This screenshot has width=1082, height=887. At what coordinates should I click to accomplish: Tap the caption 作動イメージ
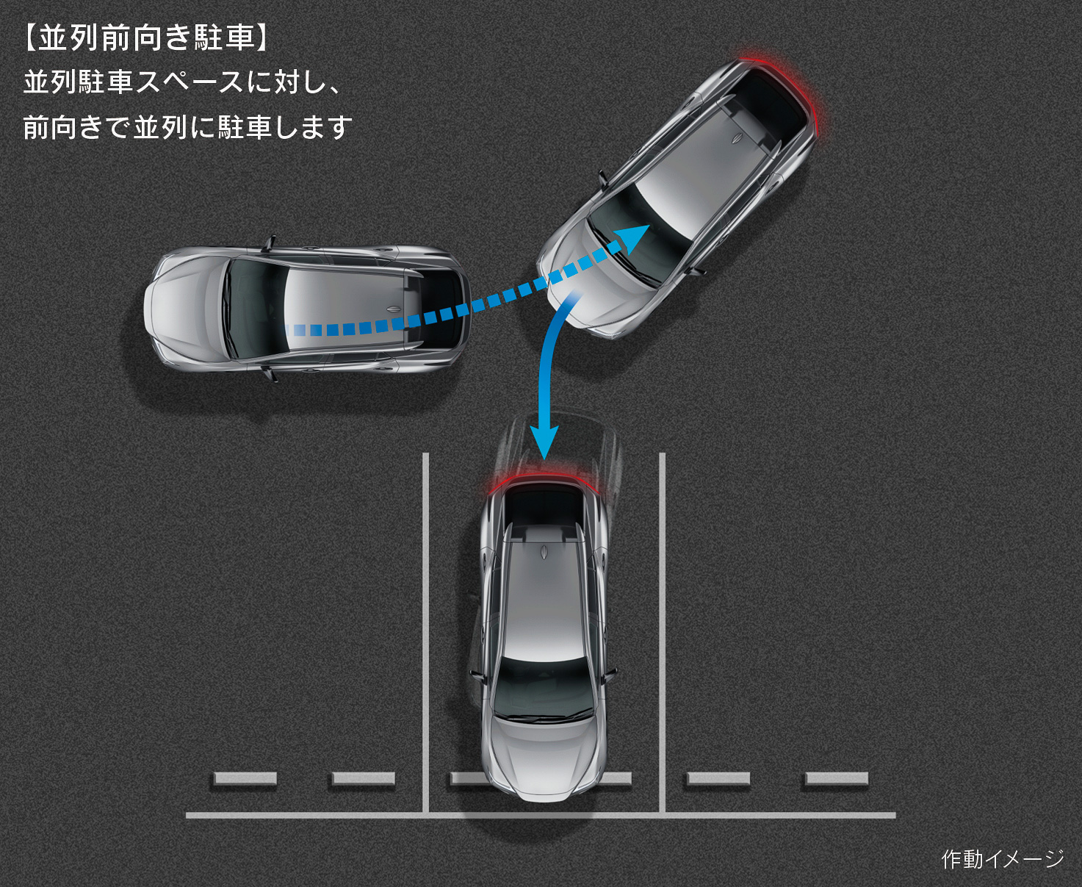click(x=1002, y=858)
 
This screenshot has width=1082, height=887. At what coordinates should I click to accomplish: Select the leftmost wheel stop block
click(x=245, y=779)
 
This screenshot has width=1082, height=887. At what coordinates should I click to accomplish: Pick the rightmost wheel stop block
click(x=836, y=779)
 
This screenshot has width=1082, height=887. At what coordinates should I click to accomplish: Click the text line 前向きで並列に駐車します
click(x=188, y=128)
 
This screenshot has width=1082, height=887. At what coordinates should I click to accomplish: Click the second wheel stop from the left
click(x=364, y=779)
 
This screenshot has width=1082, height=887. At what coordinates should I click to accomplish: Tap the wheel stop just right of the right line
click(x=718, y=779)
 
